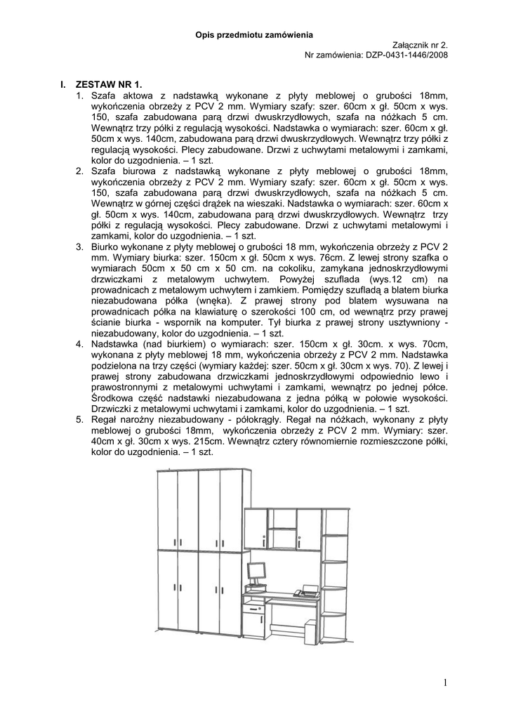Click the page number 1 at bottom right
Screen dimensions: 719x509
coord(445,682)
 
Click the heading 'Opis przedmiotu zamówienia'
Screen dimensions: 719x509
coord(254,34)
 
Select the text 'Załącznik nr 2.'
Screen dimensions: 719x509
coord(419,44)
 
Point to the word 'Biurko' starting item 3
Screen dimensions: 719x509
coord(105,246)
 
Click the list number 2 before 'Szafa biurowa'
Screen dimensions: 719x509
coord(80,171)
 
